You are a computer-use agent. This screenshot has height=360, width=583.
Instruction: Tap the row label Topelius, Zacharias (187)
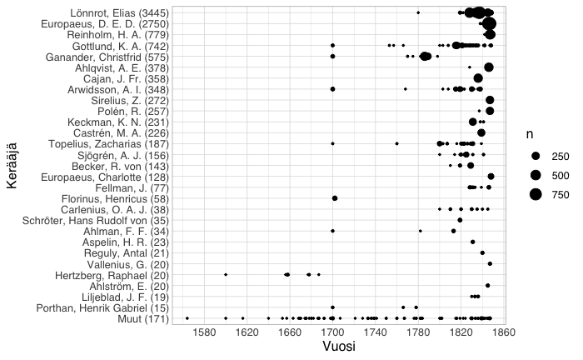103,143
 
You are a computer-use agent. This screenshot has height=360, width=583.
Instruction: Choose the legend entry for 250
559,156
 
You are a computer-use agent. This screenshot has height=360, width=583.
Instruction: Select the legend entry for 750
559,194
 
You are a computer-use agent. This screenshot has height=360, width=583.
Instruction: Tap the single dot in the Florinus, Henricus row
335,198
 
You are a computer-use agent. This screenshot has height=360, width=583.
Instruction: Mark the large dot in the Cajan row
478,78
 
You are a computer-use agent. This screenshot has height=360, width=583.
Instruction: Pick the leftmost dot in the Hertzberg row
226,274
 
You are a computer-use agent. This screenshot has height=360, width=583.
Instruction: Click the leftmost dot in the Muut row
187,318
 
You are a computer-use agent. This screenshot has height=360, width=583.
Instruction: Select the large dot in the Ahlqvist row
489,67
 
